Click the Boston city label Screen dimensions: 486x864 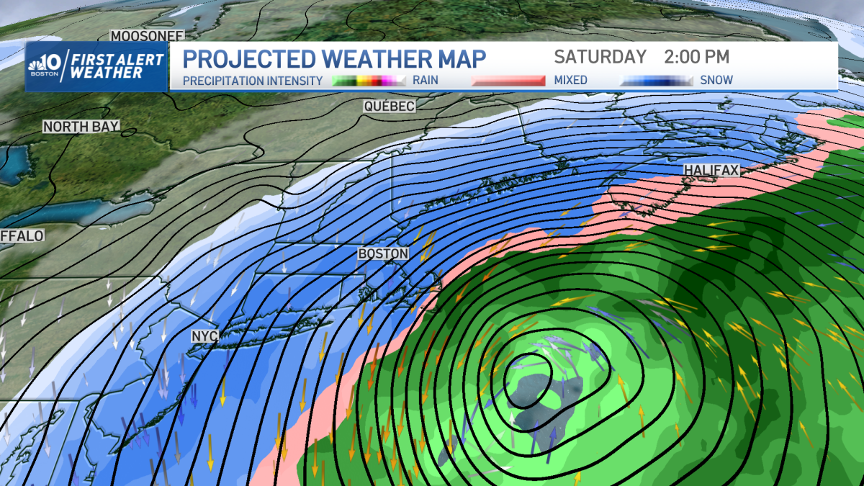coord(383,254)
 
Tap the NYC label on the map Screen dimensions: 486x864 coord(204,336)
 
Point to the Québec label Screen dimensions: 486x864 coord(389,107)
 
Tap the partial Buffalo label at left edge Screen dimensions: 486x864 coord(22,235)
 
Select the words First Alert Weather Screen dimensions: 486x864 coord(118,66)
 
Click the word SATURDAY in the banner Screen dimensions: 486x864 coord(600,57)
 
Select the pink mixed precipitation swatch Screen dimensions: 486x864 coord(508,81)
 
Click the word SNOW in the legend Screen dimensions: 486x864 coord(716,81)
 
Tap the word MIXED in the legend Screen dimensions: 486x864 coord(570,81)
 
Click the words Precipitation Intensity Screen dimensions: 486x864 coord(253,81)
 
